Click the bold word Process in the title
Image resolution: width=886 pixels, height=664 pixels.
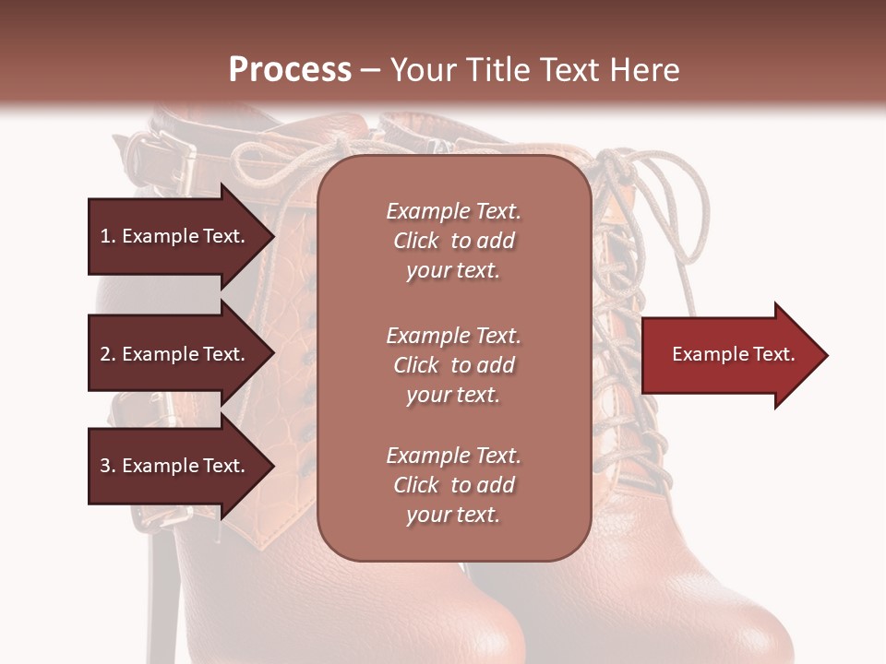click(x=290, y=70)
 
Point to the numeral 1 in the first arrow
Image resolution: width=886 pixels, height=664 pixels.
click(x=104, y=236)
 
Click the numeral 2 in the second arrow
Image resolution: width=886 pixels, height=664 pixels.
click(x=105, y=354)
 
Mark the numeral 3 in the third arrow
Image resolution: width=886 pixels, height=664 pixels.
click(x=105, y=466)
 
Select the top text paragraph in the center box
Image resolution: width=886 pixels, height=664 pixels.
click(x=453, y=241)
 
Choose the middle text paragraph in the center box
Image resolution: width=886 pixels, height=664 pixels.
click(x=453, y=365)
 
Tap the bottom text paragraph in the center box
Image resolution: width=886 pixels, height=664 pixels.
click(x=453, y=485)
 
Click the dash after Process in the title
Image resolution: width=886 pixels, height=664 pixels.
click(x=370, y=71)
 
